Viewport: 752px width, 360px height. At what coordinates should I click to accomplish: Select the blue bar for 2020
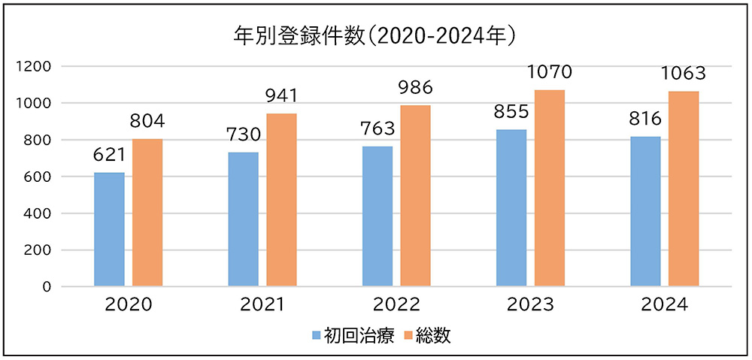pos(110,229)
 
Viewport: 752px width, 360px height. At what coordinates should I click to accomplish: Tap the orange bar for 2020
pos(147,213)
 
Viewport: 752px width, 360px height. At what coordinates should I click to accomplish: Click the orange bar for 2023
pos(549,188)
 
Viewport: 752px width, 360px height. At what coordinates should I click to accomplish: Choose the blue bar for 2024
pos(646,211)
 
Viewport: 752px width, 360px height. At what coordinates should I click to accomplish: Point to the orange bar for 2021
pos(281,200)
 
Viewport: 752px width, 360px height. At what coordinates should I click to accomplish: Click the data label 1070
pos(550,73)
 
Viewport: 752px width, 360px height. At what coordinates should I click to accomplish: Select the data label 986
pos(415,88)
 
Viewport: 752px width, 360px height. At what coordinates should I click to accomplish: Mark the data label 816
pos(645,119)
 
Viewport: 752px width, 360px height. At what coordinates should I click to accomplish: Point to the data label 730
pos(244,136)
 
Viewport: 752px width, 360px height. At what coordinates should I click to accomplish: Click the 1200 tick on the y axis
pos(35,66)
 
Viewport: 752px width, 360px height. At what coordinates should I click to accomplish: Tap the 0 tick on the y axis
pos(46,287)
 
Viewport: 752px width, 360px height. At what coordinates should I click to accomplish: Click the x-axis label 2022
pos(396,305)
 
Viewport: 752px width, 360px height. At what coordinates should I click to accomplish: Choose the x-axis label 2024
pos(665,305)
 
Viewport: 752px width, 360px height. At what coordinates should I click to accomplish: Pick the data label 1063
pos(684,74)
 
